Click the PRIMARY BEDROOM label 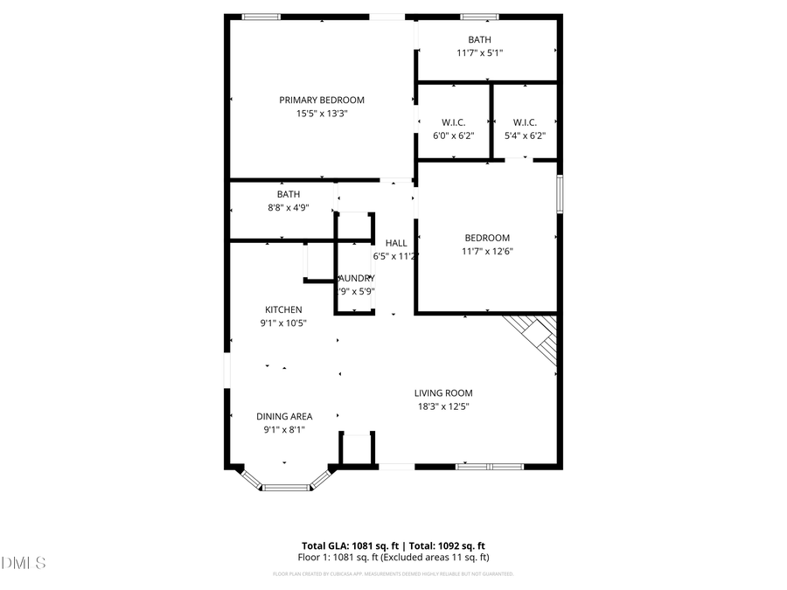pyautogui.click(x=322, y=100)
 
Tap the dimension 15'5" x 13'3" pyautogui.click(x=322, y=114)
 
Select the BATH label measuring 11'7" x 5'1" pyautogui.click(x=479, y=39)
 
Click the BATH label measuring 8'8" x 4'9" pyautogui.click(x=289, y=194)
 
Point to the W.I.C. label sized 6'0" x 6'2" pyautogui.click(x=453, y=122)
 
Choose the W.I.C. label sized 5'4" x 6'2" pyautogui.click(x=525, y=122)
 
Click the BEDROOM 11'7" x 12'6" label pyautogui.click(x=487, y=238)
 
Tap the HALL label pyautogui.click(x=396, y=243)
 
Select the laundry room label pyautogui.click(x=357, y=278)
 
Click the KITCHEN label pyautogui.click(x=283, y=309)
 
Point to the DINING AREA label pyautogui.click(x=284, y=416)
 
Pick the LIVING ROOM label pyautogui.click(x=444, y=393)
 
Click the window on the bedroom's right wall pyautogui.click(x=559, y=193)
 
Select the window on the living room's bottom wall pyautogui.click(x=489, y=467)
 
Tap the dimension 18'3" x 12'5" pyautogui.click(x=444, y=406)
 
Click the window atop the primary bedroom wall pyautogui.click(x=261, y=16)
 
